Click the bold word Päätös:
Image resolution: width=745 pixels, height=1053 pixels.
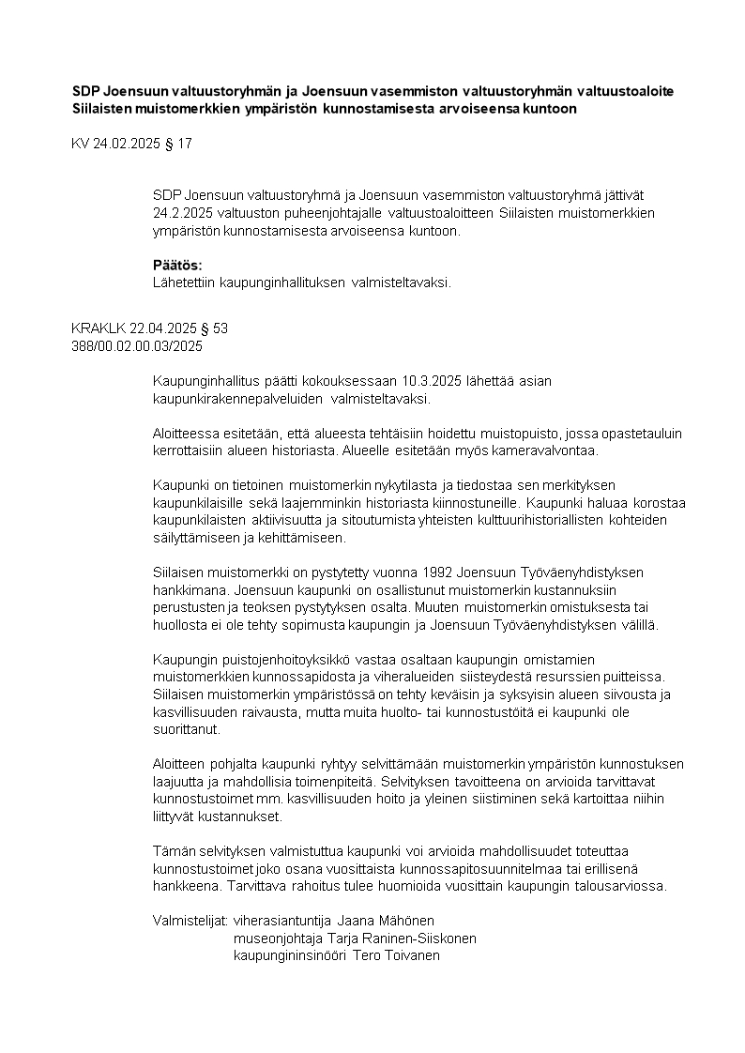[177, 265]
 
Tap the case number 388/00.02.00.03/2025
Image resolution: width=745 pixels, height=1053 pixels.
[137, 345]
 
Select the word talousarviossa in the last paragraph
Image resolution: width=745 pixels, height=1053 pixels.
[621, 887]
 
